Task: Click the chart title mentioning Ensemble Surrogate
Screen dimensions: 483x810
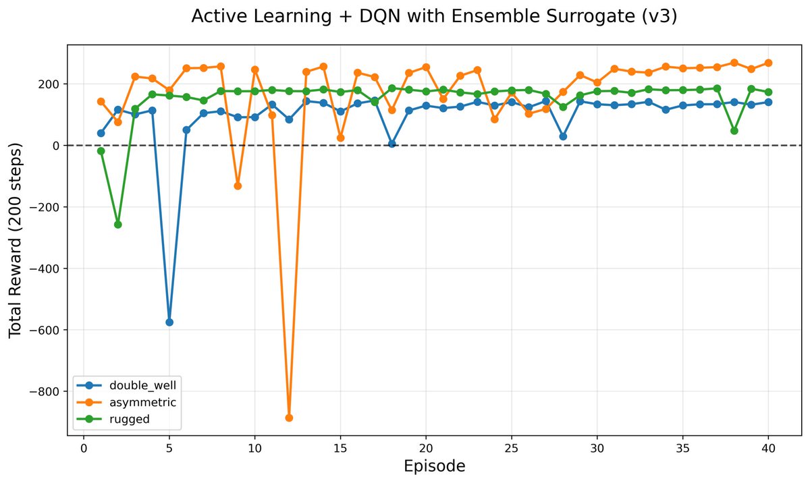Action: click(434, 17)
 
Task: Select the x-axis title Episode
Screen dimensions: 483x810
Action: click(434, 466)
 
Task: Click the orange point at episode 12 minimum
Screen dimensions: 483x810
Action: click(289, 418)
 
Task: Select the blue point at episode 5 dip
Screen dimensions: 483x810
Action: click(169, 322)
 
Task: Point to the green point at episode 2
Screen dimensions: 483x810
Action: click(118, 224)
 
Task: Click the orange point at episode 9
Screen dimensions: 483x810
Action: click(238, 186)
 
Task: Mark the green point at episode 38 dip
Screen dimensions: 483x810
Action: click(734, 130)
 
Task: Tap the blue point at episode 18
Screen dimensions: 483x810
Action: click(391, 144)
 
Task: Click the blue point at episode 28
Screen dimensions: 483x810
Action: click(563, 136)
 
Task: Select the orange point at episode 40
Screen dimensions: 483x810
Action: click(768, 63)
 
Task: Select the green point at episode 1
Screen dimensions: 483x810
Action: click(101, 151)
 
